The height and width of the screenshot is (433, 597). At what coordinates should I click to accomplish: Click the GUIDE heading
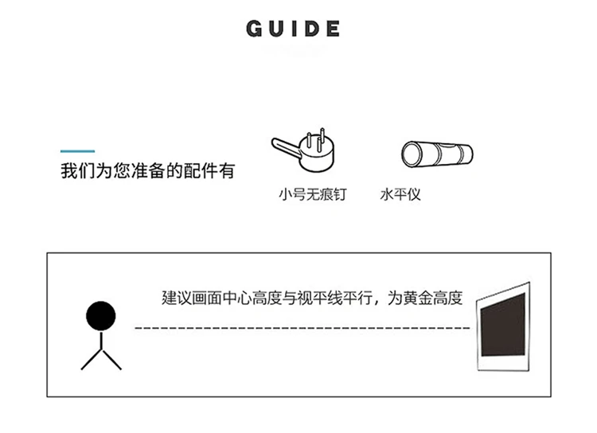click(x=293, y=29)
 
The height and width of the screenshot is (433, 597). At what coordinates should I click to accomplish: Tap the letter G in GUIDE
click(x=255, y=29)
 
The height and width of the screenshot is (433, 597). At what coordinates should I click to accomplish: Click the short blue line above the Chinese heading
click(x=78, y=151)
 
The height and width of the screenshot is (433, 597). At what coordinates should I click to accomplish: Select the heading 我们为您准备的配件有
click(x=148, y=170)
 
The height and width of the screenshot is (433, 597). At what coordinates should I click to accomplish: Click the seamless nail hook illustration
click(x=303, y=150)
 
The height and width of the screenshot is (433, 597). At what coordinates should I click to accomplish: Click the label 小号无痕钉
click(x=313, y=194)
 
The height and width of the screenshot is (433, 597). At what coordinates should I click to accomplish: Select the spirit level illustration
click(x=437, y=154)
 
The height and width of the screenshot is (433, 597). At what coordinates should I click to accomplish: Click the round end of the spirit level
click(x=412, y=154)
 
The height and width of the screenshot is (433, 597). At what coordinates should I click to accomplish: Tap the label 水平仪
click(x=400, y=194)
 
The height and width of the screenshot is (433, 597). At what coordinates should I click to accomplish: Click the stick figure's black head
click(x=101, y=316)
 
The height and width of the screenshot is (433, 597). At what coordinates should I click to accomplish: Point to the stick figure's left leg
click(x=92, y=360)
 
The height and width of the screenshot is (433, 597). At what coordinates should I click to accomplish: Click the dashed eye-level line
click(x=302, y=327)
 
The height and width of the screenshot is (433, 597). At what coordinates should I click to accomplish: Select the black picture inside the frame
click(x=503, y=325)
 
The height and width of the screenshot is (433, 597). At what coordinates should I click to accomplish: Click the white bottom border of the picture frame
click(x=503, y=363)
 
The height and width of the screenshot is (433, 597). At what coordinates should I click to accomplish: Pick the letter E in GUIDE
click(x=333, y=29)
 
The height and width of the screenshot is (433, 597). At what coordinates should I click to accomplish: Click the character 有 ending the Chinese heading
click(x=226, y=170)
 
